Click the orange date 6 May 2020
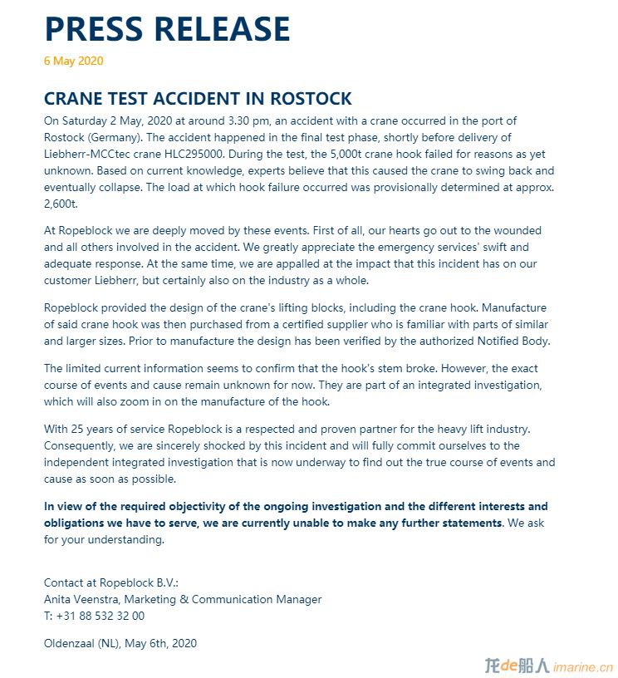(74, 61)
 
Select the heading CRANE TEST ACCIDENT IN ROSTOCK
(198, 99)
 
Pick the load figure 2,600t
(60, 204)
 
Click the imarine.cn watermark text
(582, 666)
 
